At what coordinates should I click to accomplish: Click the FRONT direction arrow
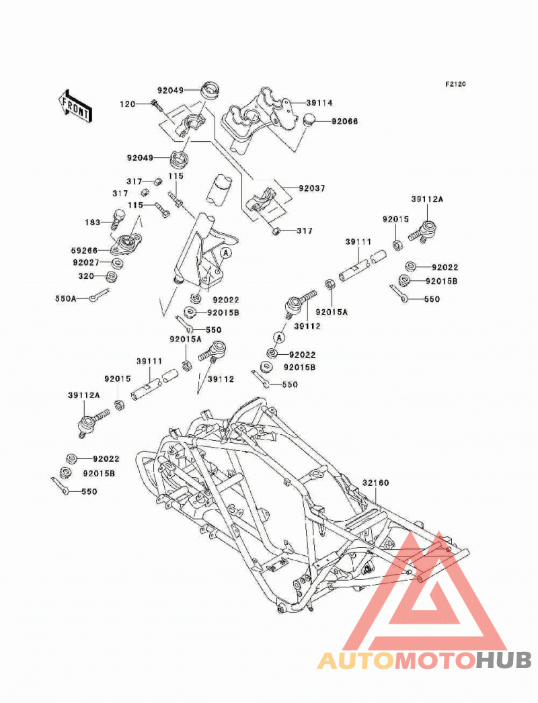[75, 106]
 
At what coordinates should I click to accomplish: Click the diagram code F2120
[455, 84]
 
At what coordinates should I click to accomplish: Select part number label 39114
[319, 103]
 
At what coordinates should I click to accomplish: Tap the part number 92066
[344, 122]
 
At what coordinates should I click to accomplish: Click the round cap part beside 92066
[309, 120]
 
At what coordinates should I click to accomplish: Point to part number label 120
[127, 104]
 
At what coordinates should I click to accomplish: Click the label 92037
[312, 188]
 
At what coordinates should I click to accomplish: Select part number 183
[92, 222]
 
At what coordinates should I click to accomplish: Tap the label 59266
[84, 251]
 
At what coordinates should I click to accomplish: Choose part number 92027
[86, 262]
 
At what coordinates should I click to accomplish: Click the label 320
[86, 276]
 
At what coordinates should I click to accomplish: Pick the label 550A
[66, 298]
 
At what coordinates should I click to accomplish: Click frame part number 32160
[375, 483]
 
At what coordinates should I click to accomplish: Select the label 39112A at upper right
[427, 200]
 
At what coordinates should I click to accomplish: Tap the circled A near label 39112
[279, 337]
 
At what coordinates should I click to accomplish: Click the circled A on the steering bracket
[226, 253]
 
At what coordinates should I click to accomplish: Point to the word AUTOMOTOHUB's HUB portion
[504, 660]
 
